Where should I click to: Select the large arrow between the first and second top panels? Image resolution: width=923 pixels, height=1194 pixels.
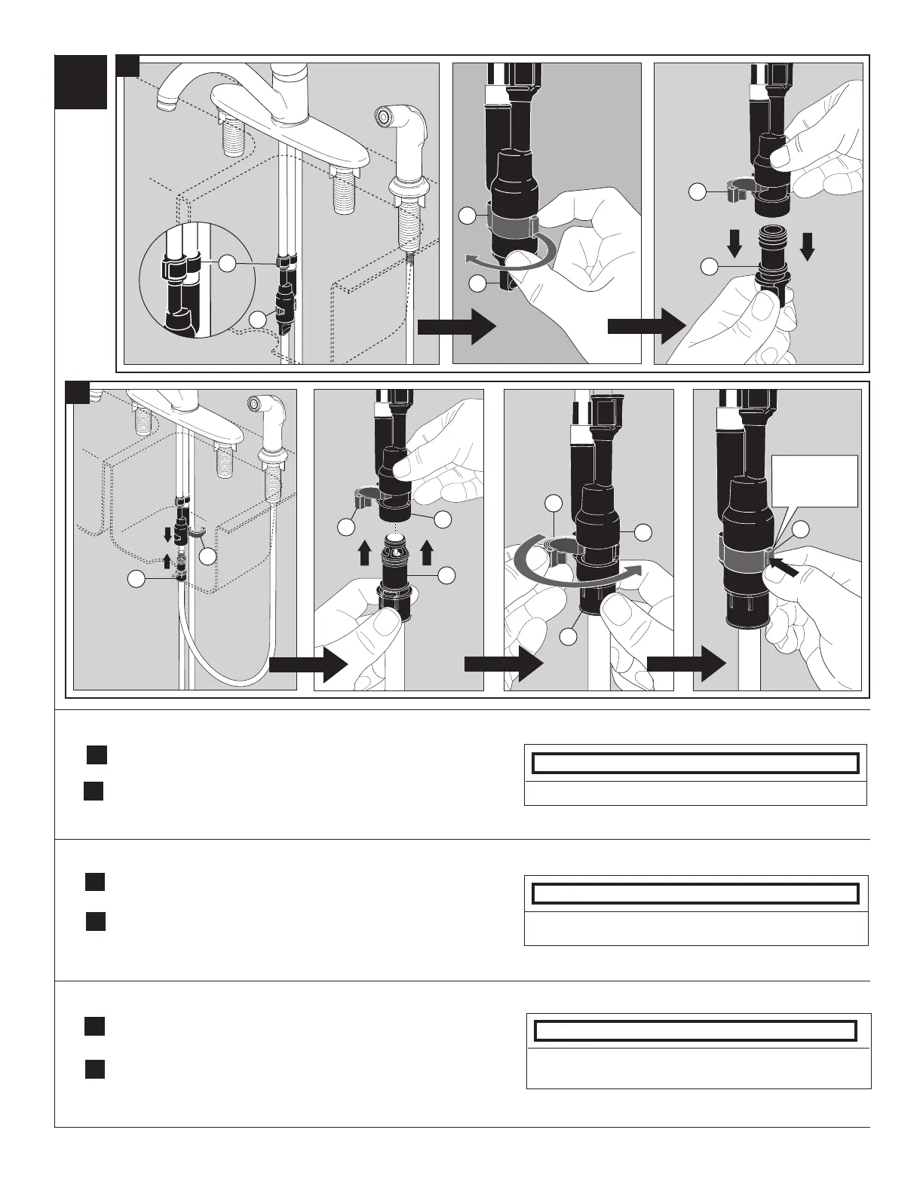tap(455, 326)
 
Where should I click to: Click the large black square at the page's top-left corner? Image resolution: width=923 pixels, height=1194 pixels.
tap(81, 82)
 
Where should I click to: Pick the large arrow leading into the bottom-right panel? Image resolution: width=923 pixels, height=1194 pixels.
tap(685, 664)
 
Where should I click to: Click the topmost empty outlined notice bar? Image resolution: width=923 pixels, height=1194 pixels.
tap(695, 764)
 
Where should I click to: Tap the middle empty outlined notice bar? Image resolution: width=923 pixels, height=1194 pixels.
tap(695, 893)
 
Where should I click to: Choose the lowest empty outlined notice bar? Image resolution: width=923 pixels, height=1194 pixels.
tap(695, 1030)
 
